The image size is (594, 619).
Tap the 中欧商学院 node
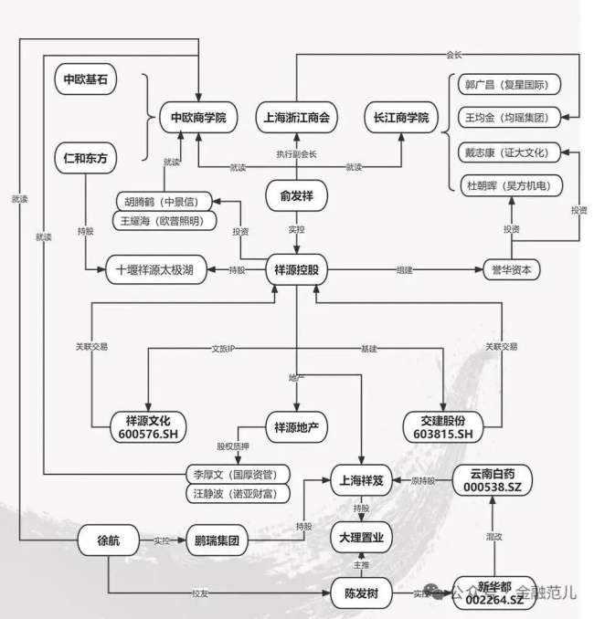pyautogui.click(x=197, y=117)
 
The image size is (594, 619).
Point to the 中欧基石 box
pyautogui.click(x=85, y=79)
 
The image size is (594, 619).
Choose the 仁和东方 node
pyautogui.click(x=85, y=159)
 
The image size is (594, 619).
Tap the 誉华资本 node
pyautogui.click(x=512, y=270)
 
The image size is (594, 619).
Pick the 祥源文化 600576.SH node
pyautogui.click(x=152, y=426)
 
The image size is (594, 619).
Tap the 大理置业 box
pyautogui.click(x=361, y=539)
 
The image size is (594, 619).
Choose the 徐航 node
pyautogui.click(x=108, y=540)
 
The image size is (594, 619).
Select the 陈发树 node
pyautogui.click(x=361, y=593)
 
